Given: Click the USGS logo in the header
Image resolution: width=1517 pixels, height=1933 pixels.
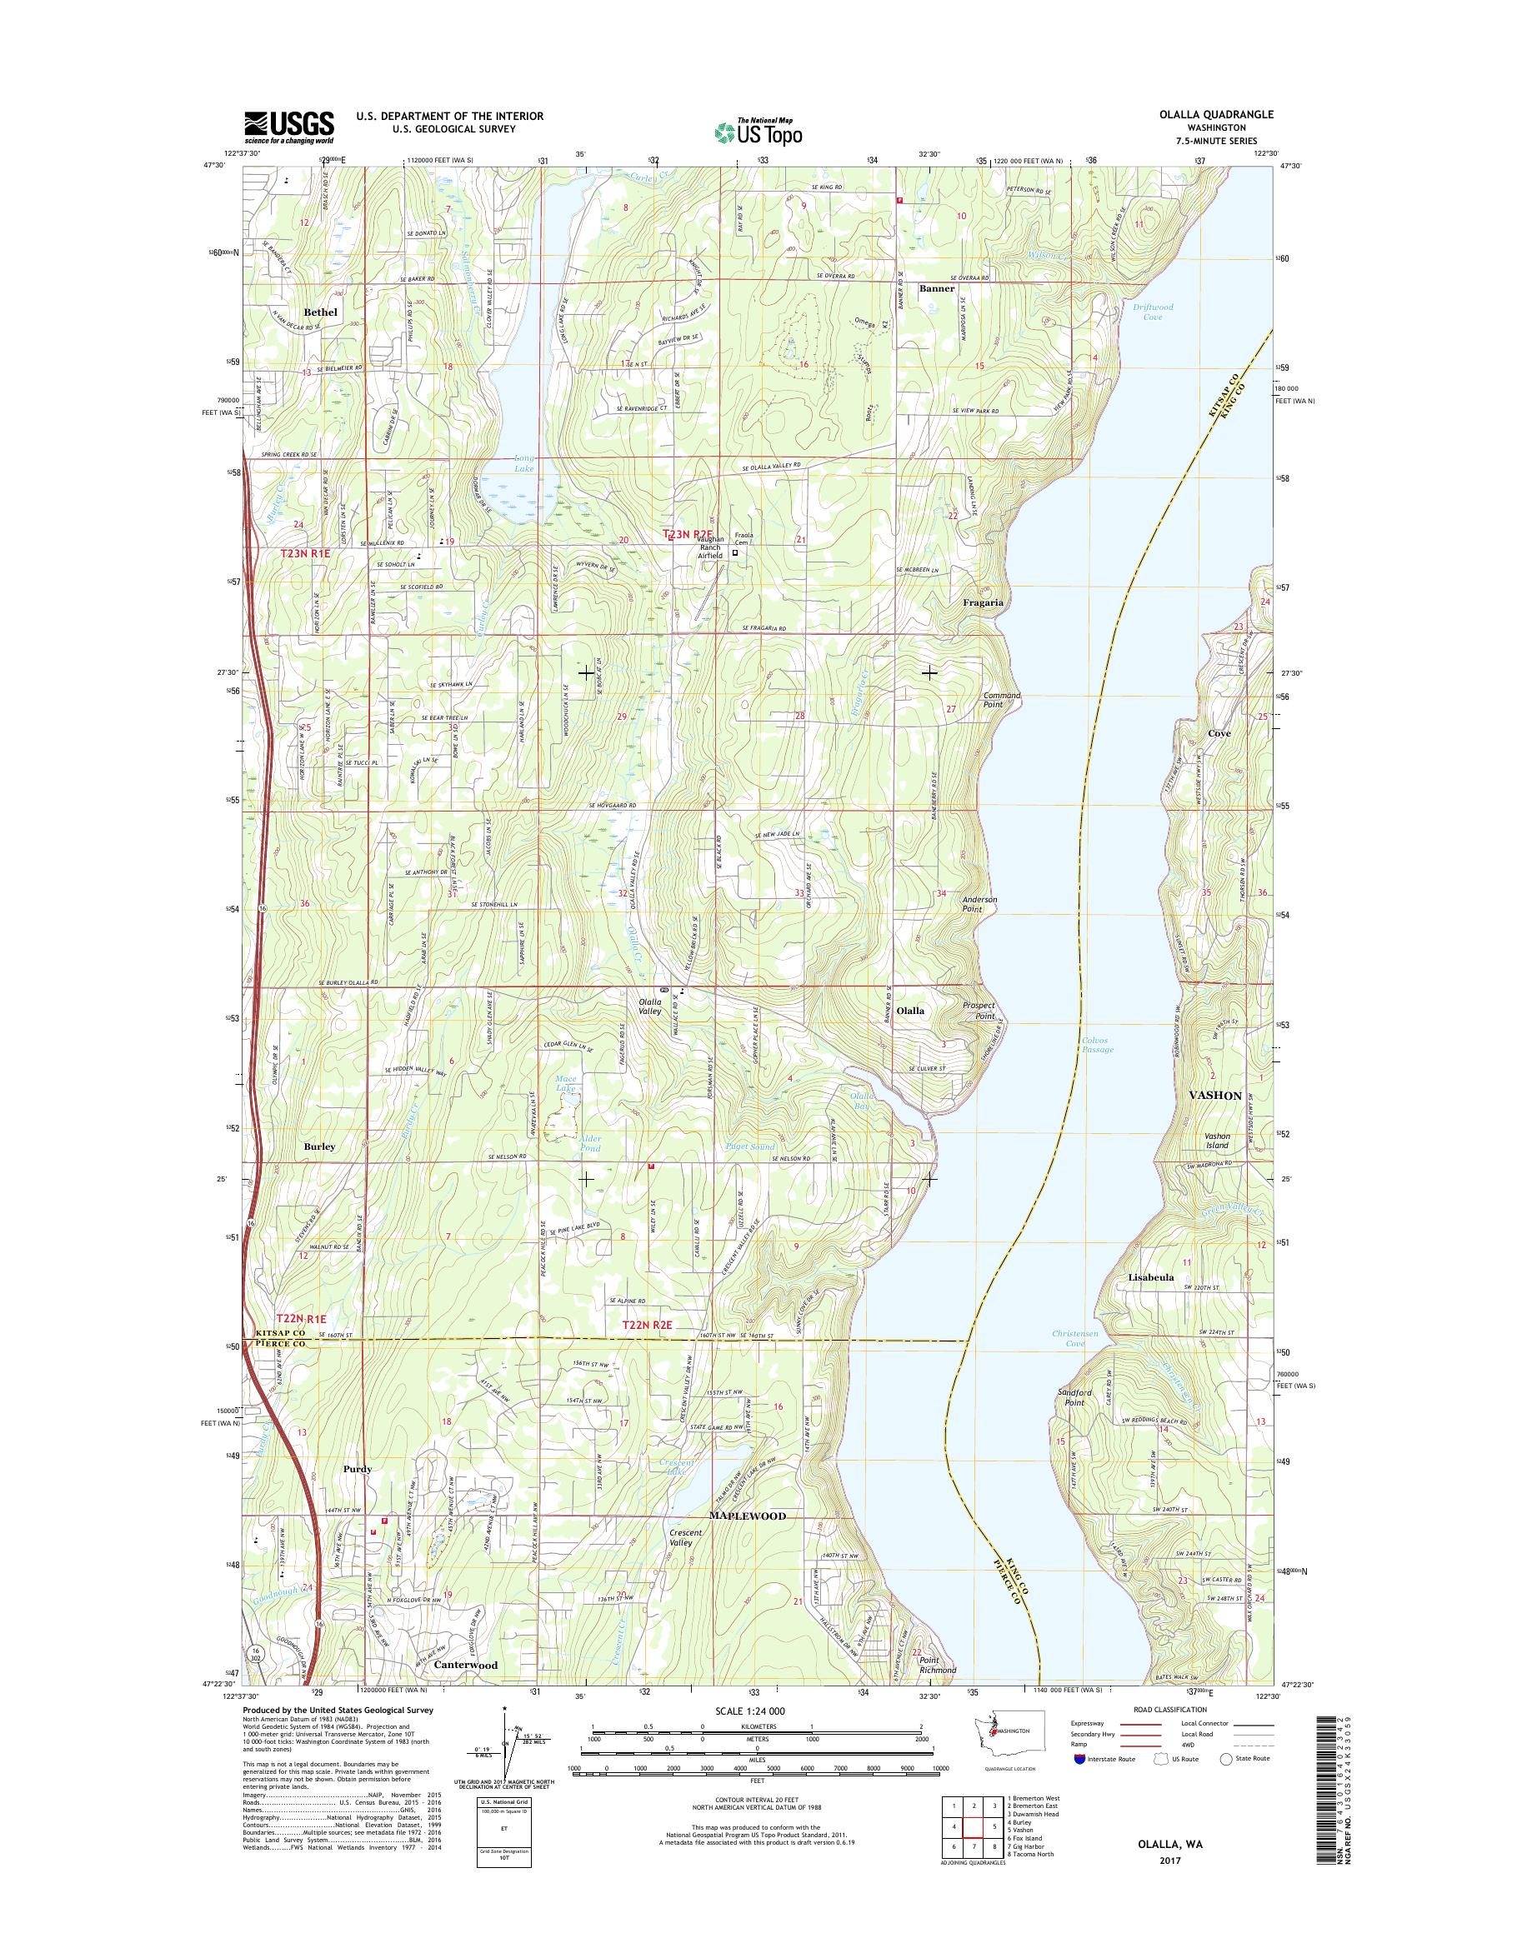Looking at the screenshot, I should click(288, 127).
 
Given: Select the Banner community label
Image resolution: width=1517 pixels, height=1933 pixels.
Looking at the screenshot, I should click(937, 288).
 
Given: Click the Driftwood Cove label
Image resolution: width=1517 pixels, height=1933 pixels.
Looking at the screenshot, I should click(1153, 312).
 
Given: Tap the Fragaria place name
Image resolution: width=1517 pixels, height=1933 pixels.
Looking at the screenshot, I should click(984, 602).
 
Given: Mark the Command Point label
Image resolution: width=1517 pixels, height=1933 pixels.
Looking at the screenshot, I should click(1000, 700).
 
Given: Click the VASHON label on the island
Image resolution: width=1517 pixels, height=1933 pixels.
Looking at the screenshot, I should click(1215, 1096).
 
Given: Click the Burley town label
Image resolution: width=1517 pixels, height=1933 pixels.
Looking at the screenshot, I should click(320, 1146).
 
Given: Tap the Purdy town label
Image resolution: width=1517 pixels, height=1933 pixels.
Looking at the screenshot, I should click(357, 1470).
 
